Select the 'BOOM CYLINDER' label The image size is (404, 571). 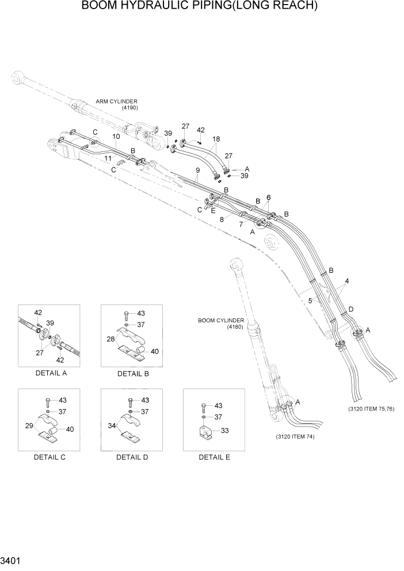(222, 321)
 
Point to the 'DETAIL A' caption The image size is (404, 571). (51, 373)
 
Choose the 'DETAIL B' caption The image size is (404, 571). (133, 374)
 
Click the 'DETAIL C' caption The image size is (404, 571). (50, 457)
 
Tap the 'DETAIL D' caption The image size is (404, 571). (132, 457)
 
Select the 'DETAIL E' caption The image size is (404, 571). (214, 457)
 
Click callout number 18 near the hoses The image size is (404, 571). (216, 139)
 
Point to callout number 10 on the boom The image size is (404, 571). (116, 136)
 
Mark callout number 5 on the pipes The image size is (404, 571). (310, 300)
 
